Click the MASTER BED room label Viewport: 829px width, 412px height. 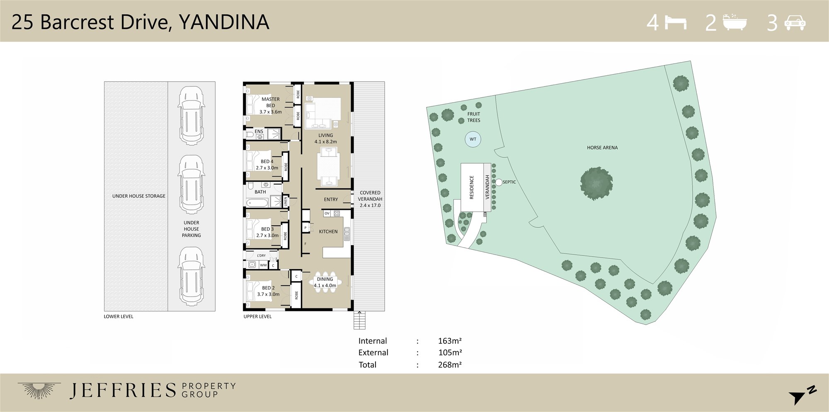click(x=271, y=102)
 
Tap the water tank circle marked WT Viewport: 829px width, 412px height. click(x=473, y=139)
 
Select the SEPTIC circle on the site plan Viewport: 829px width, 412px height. click(x=499, y=182)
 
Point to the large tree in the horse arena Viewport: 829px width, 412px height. click(x=596, y=183)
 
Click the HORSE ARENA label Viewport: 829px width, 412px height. click(x=602, y=147)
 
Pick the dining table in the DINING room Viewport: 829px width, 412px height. click(x=325, y=282)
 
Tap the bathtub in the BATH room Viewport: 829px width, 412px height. click(x=257, y=202)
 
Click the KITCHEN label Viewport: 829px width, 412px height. click(x=328, y=231)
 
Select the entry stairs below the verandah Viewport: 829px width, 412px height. click(x=359, y=320)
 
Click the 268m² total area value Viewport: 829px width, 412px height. click(x=450, y=365)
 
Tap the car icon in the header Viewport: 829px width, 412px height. click(x=795, y=22)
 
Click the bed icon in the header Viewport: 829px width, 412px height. click(x=676, y=22)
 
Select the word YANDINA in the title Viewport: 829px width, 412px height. click(x=224, y=22)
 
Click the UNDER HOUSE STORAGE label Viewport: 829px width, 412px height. click(x=139, y=196)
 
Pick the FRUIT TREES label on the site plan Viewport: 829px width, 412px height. click(x=474, y=117)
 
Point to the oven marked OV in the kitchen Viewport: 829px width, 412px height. click(x=327, y=214)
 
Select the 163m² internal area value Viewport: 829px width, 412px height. click(x=450, y=341)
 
